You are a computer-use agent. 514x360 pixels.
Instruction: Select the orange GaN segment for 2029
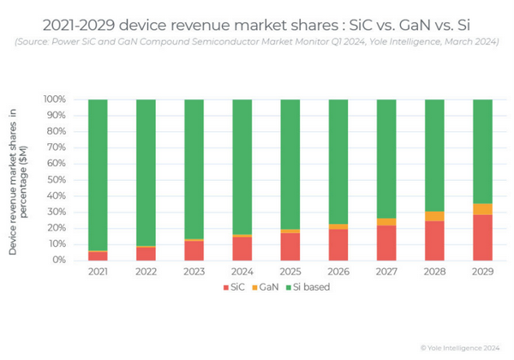[x=483, y=209]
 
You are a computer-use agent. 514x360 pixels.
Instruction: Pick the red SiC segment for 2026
[x=338, y=244]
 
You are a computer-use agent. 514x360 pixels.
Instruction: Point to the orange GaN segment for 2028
[x=435, y=216]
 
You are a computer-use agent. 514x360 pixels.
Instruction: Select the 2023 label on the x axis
[x=194, y=273]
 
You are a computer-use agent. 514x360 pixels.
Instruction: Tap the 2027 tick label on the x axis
[x=386, y=273]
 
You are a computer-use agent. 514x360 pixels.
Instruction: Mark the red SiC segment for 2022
[x=146, y=253]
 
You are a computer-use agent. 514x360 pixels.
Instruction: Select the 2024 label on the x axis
[x=242, y=273]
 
